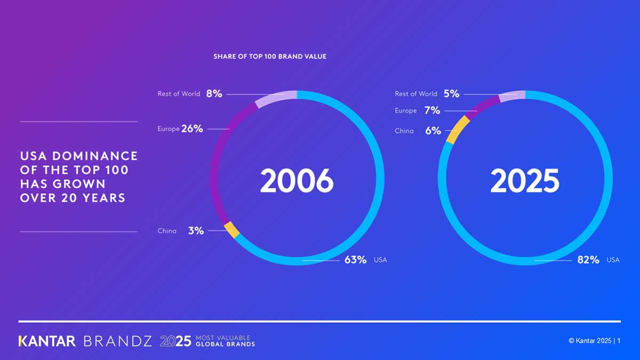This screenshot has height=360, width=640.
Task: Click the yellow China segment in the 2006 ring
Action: pyautogui.click(x=231, y=230)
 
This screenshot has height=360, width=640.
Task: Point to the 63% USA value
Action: pyautogui.click(x=355, y=260)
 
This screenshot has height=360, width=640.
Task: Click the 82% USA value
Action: pyautogui.click(x=588, y=260)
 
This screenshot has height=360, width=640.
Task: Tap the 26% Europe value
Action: pyautogui.click(x=192, y=129)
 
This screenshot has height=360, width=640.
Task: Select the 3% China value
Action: pyautogui.click(x=196, y=231)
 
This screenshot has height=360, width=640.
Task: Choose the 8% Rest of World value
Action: pyautogui.click(x=214, y=93)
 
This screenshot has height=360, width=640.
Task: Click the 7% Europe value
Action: pyautogui.click(x=432, y=110)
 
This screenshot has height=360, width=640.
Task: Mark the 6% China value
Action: pyautogui.click(x=433, y=131)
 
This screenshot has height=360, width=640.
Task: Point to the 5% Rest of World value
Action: pyautogui.click(x=451, y=93)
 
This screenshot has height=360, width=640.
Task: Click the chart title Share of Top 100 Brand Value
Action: pyautogui.click(x=270, y=56)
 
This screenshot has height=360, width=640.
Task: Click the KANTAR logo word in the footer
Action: pyautogui.click(x=47, y=341)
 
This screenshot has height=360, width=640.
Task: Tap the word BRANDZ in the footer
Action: pyautogui.click(x=118, y=341)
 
